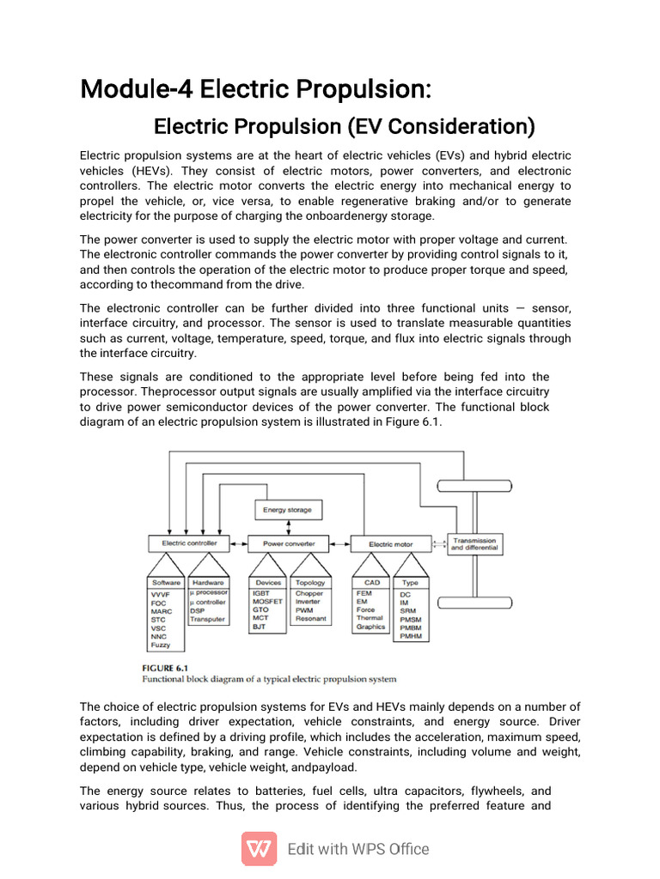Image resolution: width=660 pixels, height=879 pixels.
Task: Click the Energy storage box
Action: click(x=288, y=510)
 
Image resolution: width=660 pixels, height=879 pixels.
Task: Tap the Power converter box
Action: click(x=288, y=543)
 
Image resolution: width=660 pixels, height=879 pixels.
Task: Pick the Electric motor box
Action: click(x=390, y=544)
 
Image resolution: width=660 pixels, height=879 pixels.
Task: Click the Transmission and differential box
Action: click(x=474, y=544)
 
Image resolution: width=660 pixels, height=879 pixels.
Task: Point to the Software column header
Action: click(x=166, y=583)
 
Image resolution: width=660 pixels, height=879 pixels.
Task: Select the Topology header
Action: click(x=310, y=583)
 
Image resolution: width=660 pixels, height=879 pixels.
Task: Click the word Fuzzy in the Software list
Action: click(x=161, y=645)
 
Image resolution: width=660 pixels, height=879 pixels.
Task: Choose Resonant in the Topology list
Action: click(x=310, y=619)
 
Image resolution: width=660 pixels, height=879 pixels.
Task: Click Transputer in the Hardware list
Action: click(x=207, y=619)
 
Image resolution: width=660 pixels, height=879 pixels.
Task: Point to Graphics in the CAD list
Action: click(x=370, y=627)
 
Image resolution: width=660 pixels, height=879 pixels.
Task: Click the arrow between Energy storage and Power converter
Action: click(x=288, y=527)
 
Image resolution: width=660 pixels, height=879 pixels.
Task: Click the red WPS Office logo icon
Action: click(x=259, y=849)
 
